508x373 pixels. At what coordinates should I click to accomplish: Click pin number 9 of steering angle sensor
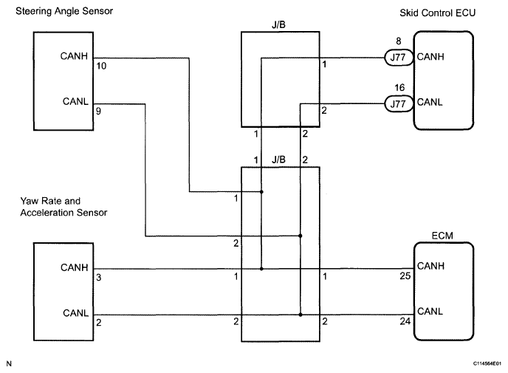99,114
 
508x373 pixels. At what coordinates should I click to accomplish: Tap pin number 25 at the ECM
404,276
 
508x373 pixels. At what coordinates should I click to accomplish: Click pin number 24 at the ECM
404,322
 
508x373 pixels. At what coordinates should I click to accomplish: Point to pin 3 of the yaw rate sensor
99,277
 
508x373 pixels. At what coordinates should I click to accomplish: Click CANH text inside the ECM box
430,266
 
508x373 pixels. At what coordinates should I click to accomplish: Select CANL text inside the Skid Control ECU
430,103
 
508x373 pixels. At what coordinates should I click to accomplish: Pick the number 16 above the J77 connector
399,88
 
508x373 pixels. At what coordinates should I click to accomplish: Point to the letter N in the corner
8,363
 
